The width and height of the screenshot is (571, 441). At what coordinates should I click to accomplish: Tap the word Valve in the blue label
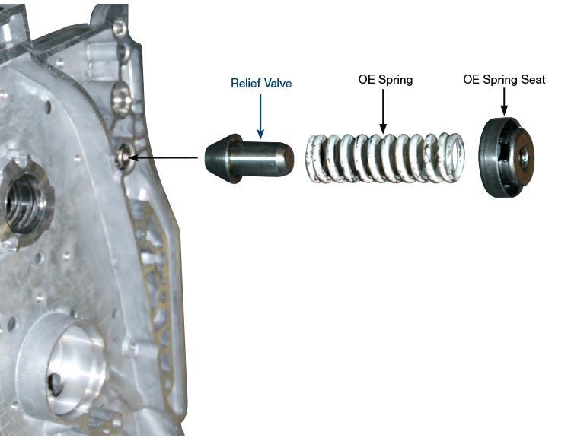tap(278, 83)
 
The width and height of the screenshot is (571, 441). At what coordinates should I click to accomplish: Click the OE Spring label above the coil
tap(385, 79)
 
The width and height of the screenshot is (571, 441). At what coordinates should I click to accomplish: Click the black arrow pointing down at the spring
tap(383, 109)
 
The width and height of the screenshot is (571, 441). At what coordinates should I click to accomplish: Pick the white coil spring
tap(385, 158)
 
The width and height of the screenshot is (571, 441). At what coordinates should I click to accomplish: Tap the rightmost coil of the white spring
tap(455, 157)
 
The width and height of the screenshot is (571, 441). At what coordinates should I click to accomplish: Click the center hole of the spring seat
tap(525, 157)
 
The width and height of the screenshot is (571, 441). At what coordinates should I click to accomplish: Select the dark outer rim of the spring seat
tap(489, 158)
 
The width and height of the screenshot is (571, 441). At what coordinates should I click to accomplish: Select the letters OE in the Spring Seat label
tap(471, 79)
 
